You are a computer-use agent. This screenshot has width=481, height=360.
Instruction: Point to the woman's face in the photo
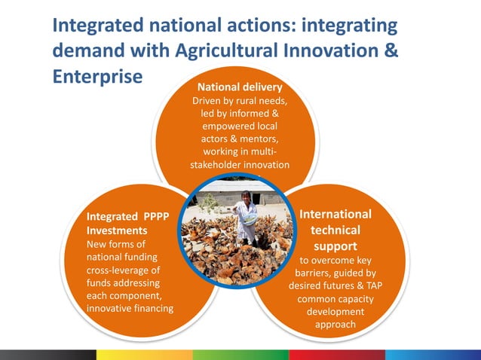pos(246,197)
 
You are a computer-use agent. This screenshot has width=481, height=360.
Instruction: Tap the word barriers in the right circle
pos(315,273)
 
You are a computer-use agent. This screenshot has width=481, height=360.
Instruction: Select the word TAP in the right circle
pos(371,285)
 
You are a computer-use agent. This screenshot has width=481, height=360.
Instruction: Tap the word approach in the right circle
pos(335,325)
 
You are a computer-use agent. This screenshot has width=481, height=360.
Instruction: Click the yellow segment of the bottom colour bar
pos(144,354)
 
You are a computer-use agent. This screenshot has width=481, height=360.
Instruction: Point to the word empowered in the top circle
pos(226,126)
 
